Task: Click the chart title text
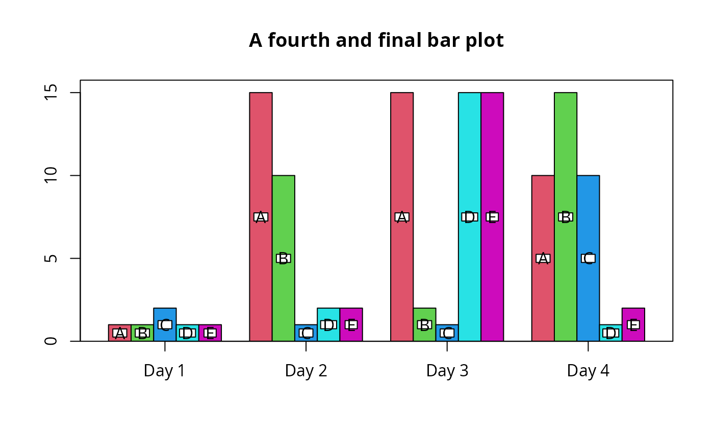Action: [376, 41]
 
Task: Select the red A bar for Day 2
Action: [261, 153]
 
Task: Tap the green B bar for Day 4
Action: [566, 153]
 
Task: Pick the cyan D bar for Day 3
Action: [469, 153]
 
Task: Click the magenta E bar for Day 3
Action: [492, 153]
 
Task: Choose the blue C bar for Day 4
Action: [588, 214]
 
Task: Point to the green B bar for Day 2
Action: [283, 214]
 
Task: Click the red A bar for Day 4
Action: [543, 214]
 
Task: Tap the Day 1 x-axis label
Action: [164, 371]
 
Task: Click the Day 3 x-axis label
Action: [447, 371]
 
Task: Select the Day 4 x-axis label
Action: [588, 371]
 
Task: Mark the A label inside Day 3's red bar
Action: [402, 217]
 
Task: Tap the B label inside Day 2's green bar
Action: [283, 258]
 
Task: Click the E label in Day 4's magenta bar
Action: [633, 325]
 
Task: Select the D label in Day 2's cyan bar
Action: [328, 325]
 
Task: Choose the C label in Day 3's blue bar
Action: [447, 333]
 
